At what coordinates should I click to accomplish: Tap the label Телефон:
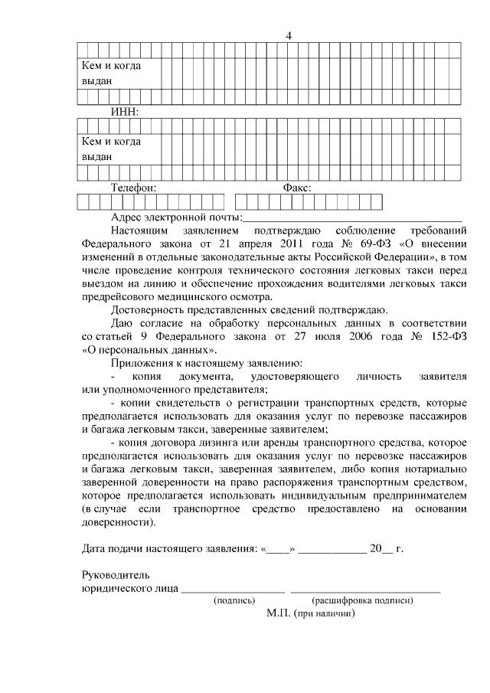134,187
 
